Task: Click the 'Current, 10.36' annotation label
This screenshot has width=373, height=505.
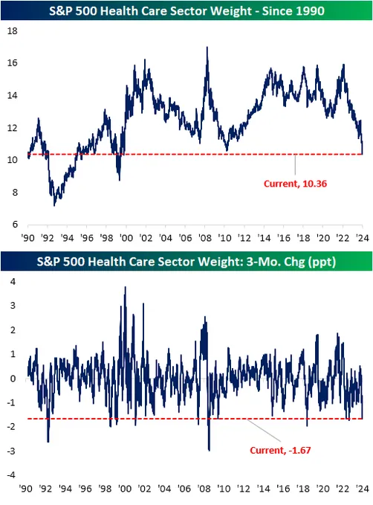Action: click(295, 184)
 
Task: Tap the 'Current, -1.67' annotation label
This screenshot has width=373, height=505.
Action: click(280, 450)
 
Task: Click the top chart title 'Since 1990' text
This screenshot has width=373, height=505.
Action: click(293, 11)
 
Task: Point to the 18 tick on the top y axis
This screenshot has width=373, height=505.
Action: click(13, 31)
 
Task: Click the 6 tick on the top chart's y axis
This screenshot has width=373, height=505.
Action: click(15, 224)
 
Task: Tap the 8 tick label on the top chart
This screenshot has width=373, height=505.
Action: click(15, 193)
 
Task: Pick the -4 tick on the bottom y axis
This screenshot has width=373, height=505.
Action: click(12, 475)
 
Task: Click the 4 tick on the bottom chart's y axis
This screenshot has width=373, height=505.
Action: click(13, 281)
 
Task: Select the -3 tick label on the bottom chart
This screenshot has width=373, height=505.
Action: click(12, 451)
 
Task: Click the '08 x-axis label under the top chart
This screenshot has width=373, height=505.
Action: click(205, 238)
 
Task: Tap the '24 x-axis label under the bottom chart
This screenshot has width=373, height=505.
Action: click(363, 489)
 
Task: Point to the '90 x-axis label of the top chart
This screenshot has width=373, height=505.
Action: click(27, 238)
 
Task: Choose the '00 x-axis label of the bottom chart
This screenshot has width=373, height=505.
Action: click(125, 489)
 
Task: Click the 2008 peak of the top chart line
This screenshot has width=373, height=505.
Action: click(207, 48)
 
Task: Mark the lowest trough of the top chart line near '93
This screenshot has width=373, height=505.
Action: click(54, 205)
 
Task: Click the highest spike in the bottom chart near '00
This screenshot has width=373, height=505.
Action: click(125, 287)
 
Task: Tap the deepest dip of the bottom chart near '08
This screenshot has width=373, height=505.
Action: click(210, 450)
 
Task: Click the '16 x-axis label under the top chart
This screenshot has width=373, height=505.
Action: click(284, 238)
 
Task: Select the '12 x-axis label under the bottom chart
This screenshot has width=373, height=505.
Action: click(244, 489)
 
